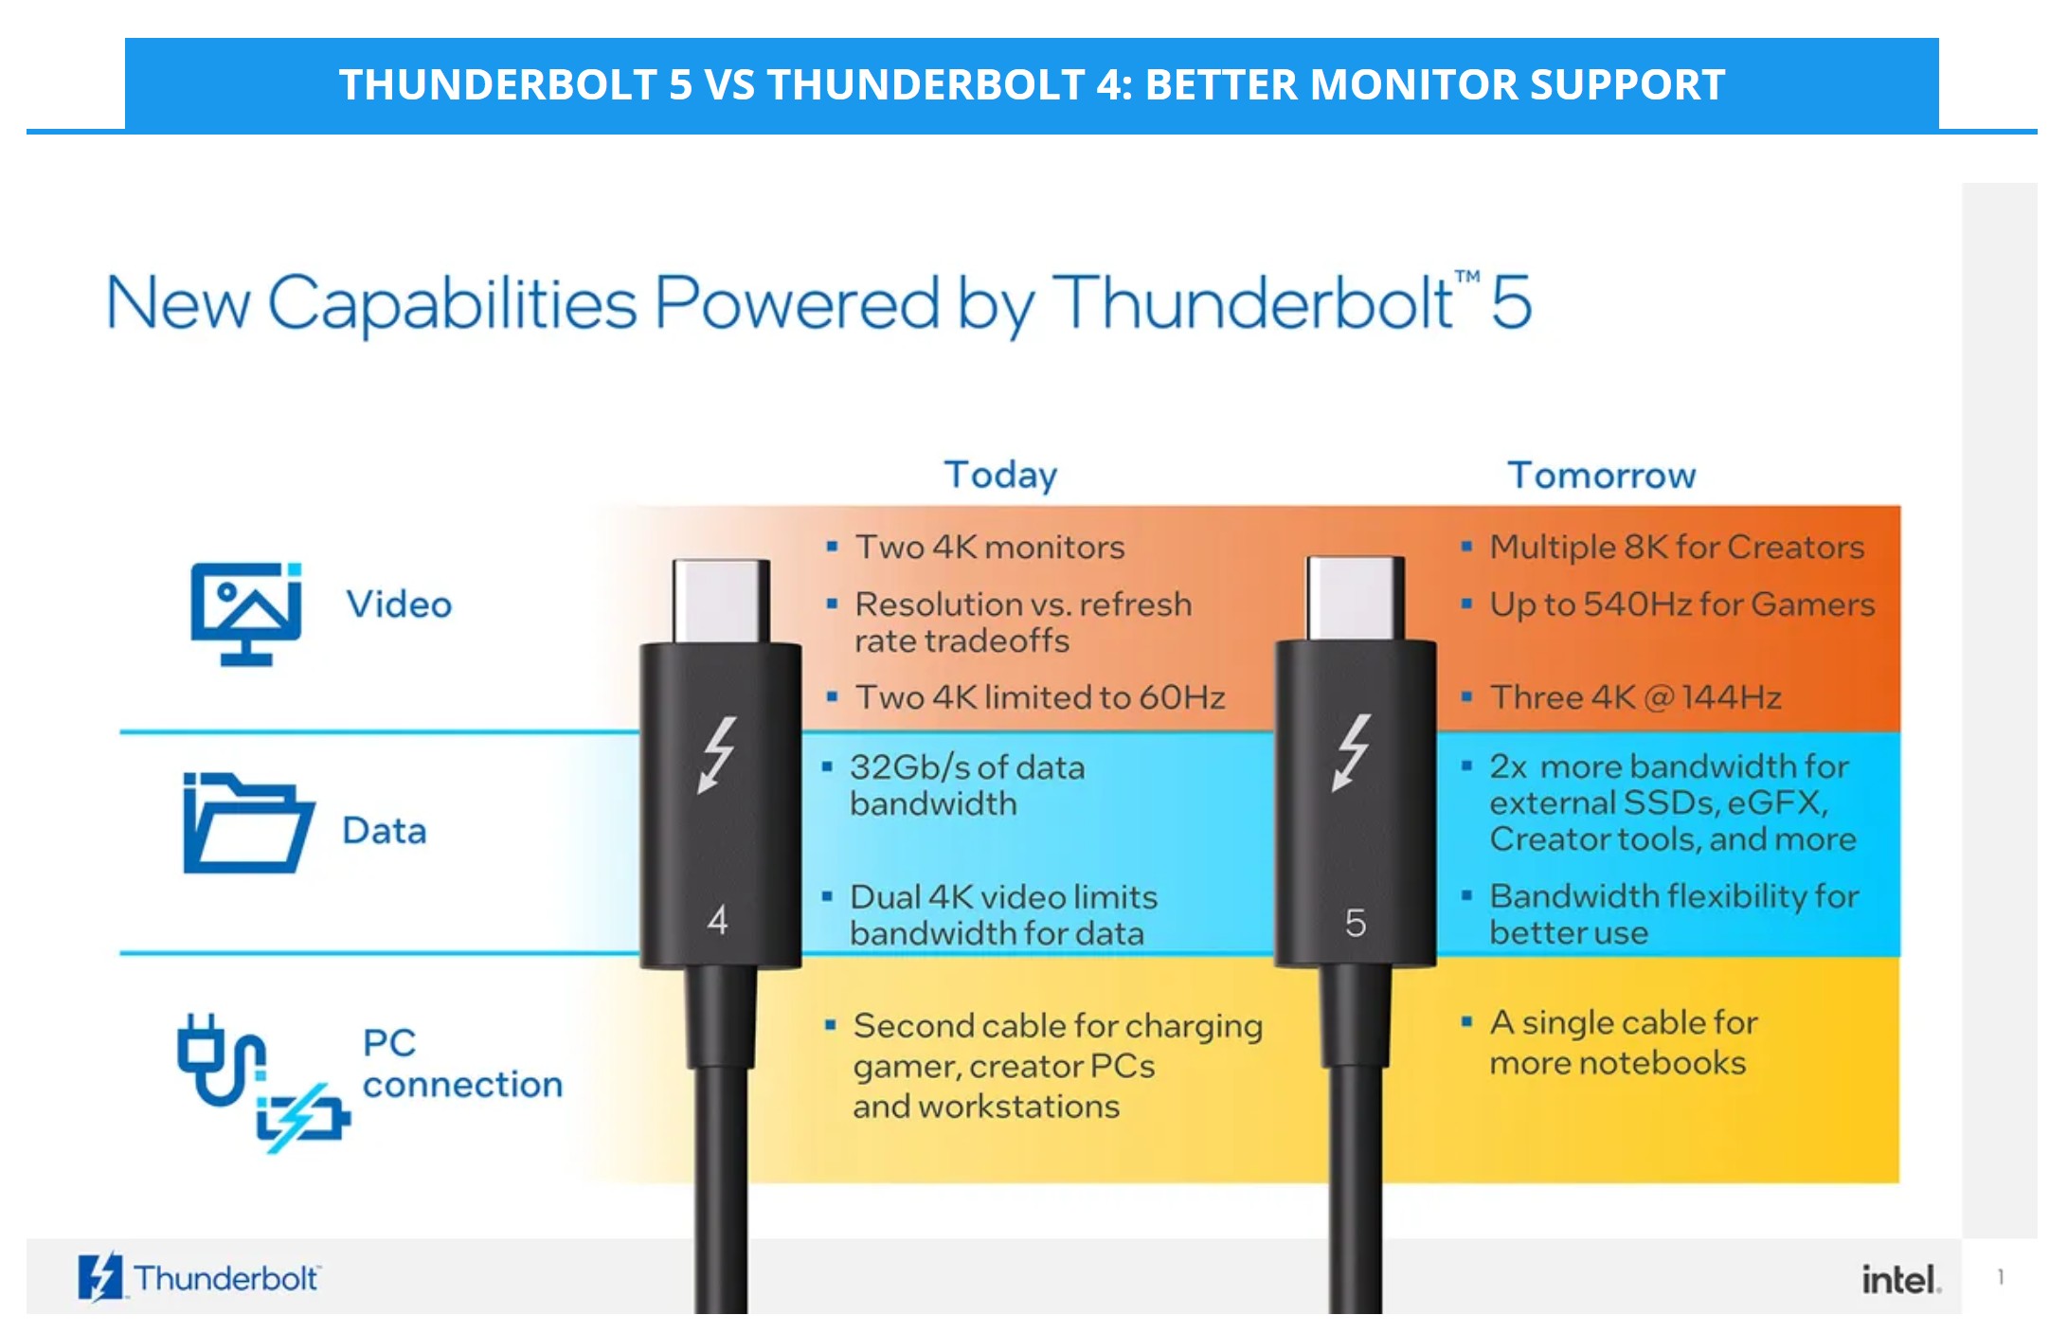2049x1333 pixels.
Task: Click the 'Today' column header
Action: click(x=1000, y=475)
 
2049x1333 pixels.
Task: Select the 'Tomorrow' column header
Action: click(x=1602, y=475)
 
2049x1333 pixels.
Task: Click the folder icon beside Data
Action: click(x=248, y=822)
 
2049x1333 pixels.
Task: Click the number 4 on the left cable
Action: click(x=717, y=920)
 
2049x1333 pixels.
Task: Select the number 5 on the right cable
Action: click(x=1356, y=923)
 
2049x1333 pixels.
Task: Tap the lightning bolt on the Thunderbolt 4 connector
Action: click(x=716, y=754)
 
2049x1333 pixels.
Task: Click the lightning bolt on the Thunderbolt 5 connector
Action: click(x=1352, y=752)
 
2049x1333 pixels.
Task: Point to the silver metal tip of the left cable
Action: click(x=721, y=601)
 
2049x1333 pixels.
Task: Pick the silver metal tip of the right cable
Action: click(x=1356, y=598)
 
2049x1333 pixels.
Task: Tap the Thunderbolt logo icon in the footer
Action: click(x=100, y=1277)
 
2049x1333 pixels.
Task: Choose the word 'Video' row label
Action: click(x=399, y=604)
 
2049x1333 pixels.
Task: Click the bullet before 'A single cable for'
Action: click(x=1466, y=1021)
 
